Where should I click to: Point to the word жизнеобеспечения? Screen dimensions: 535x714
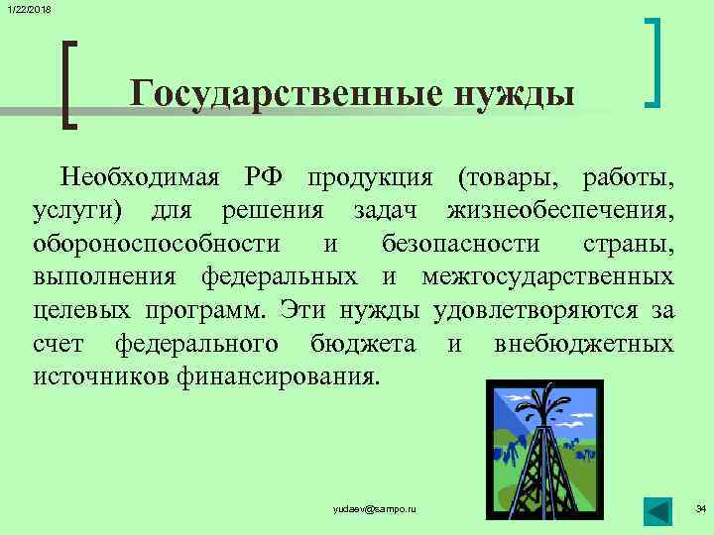pos(560,211)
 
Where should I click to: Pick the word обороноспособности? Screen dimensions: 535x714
pos(156,244)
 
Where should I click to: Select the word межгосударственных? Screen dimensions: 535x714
pos(548,277)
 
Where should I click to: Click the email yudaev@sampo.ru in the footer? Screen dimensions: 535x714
pos(375,508)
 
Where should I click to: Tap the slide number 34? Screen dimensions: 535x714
pos(700,508)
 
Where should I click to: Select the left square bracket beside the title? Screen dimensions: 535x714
pos(69,84)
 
